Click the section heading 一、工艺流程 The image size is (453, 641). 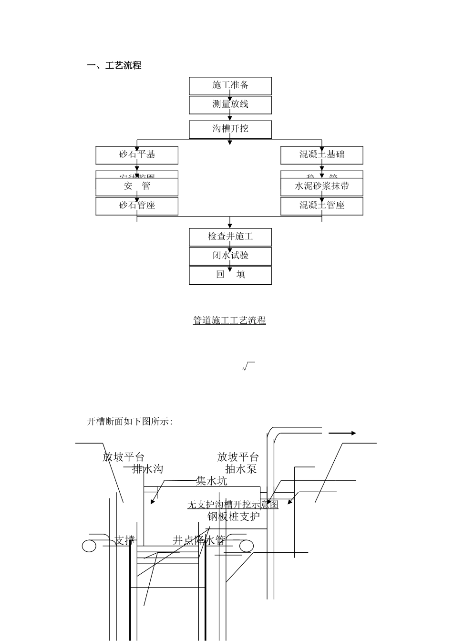tap(114, 66)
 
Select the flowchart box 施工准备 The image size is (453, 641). tap(230, 85)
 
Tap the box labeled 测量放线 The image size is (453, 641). tap(230, 104)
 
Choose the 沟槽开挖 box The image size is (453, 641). tap(230, 129)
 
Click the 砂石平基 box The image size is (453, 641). tap(137, 155)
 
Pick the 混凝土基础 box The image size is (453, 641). tap(322, 155)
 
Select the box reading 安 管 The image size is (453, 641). tap(137, 186)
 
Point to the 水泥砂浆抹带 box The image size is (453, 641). tap(322, 186)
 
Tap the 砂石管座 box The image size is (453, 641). tap(137, 206)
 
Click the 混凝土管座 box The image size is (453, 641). tap(322, 206)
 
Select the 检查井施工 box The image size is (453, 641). tap(230, 237)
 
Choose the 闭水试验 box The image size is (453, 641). tap(230, 256)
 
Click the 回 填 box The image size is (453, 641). tap(230, 275)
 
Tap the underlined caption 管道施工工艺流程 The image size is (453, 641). tap(229, 320)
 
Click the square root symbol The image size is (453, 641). tap(248, 366)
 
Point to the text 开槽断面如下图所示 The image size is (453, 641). tap(130, 422)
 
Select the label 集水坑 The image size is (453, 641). tap(211, 481)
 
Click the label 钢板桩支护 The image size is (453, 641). tap(234, 516)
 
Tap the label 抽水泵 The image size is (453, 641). tap(241, 469)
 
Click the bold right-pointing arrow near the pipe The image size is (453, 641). tap(342, 433)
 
